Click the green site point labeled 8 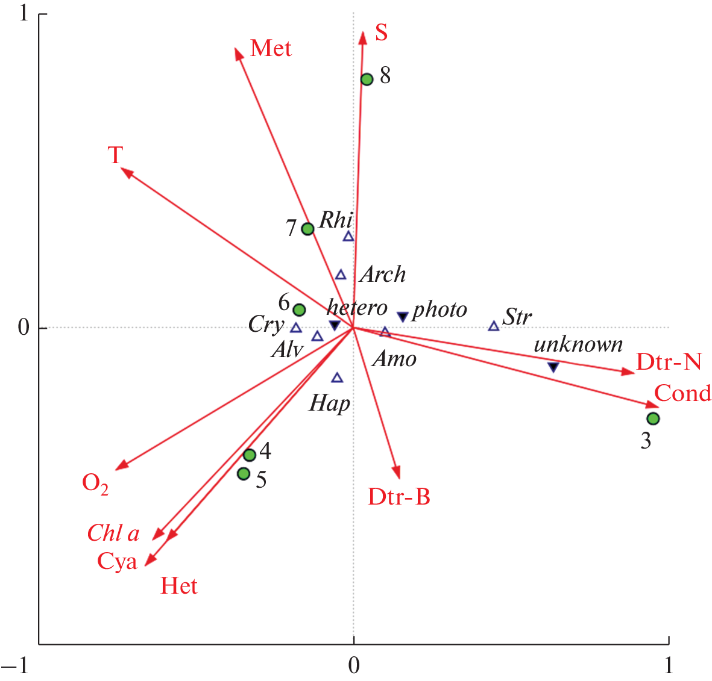367,79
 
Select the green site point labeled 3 653,418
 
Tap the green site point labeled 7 307,229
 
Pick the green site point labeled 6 299,310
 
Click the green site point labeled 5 244,474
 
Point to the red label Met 271,48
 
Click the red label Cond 682,393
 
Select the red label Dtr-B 399,497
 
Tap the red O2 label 95,483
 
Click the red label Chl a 113,533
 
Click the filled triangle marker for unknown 553,367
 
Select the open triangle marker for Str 494,326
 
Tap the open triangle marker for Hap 337,378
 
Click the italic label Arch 383,275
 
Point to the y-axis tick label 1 24,13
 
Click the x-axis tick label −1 14,665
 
